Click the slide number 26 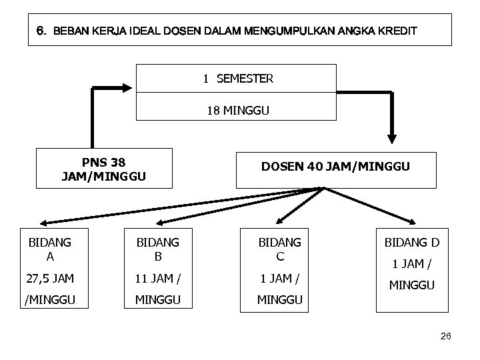click(x=446, y=336)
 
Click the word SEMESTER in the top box click(x=245, y=79)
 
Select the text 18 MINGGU click(x=237, y=111)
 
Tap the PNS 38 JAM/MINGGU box click(x=103, y=169)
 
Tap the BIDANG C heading click(x=280, y=249)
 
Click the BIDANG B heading click(x=157, y=249)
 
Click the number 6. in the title click(x=41, y=31)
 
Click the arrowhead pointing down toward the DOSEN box click(x=392, y=137)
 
